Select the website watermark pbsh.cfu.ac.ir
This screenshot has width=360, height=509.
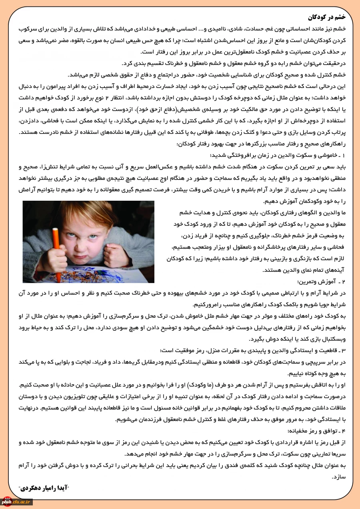[x=16, y=502]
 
